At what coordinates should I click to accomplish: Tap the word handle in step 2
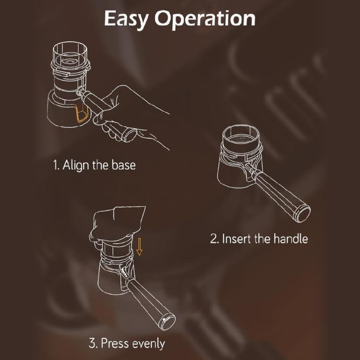point(290,239)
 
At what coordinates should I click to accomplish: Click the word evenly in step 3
point(148,344)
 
